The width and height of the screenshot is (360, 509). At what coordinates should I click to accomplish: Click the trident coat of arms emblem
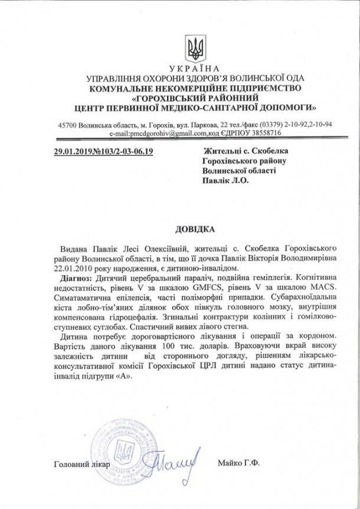pos(192,46)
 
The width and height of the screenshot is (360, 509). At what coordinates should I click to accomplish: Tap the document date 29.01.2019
pos(73,152)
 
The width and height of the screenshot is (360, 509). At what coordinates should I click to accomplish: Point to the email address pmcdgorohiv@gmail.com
pos(169,134)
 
